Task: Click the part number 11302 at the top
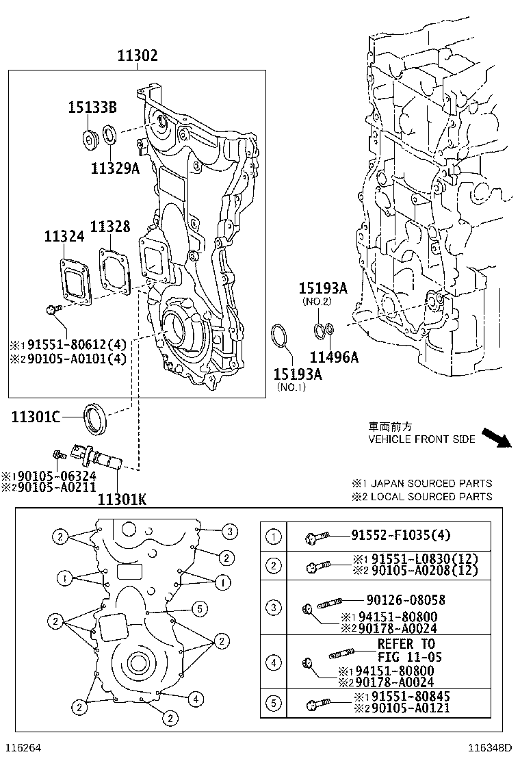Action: coord(138,56)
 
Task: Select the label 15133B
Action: coord(92,107)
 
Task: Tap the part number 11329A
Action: coord(115,168)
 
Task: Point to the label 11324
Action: coord(64,237)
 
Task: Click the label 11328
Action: coord(110,227)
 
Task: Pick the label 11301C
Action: coord(36,417)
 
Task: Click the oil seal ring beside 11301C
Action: coord(95,419)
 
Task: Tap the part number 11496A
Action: coord(334,357)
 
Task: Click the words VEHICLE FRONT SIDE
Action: coord(421,439)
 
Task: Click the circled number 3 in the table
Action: coord(274,608)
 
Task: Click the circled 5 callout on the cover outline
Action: coord(198,608)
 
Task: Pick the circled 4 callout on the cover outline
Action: coord(196,699)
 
